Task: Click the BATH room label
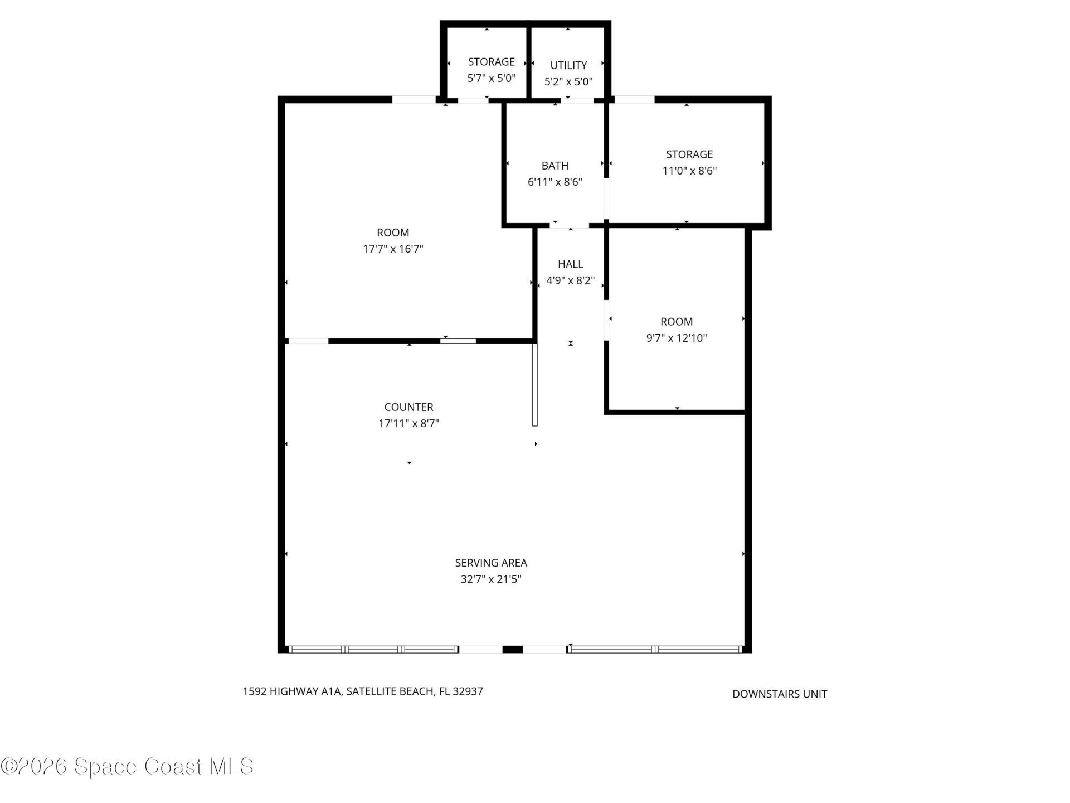click(555, 166)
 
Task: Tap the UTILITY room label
click(568, 65)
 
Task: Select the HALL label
click(571, 264)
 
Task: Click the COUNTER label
click(408, 407)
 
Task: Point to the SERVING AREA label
click(491, 563)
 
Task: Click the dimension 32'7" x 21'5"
click(491, 579)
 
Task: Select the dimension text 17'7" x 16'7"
click(393, 249)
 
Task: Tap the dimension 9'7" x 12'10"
click(677, 338)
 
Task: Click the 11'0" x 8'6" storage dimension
click(689, 171)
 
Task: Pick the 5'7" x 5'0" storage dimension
click(491, 78)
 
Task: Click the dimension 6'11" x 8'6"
click(555, 182)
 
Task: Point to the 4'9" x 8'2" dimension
click(571, 280)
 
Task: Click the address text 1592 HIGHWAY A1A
click(293, 691)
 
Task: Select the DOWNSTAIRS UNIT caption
click(780, 694)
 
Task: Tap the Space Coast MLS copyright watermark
click(127, 766)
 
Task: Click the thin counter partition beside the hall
click(535, 385)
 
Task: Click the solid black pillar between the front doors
click(513, 649)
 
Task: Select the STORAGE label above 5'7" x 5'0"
click(491, 62)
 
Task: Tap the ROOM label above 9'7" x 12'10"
click(677, 322)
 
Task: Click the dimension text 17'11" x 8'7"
click(408, 423)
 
